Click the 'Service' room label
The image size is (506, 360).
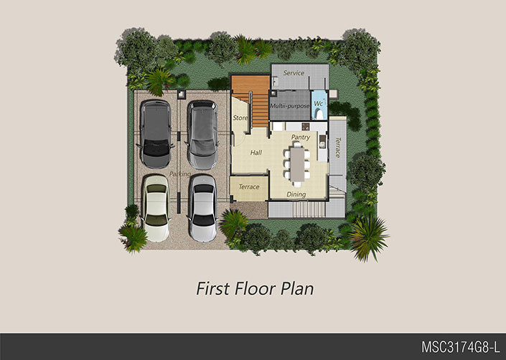click(x=294, y=73)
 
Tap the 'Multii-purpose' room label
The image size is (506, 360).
click(x=290, y=105)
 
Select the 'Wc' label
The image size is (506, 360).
click(x=318, y=104)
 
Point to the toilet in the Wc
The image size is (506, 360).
click(x=319, y=114)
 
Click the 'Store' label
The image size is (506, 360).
click(x=240, y=118)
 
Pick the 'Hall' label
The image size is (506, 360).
click(x=256, y=153)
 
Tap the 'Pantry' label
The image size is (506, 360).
click(x=301, y=137)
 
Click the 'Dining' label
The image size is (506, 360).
click(x=296, y=194)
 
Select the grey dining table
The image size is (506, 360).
click(x=297, y=164)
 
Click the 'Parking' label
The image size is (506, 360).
click(x=180, y=174)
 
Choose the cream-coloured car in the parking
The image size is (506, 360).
click(x=156, y=208)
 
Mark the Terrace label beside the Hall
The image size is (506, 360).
click(x=249, y=187)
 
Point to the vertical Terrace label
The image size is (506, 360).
click(x=337, y=147)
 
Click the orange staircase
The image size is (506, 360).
click(x=254, y=100)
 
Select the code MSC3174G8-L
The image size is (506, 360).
click(x=461, y=347)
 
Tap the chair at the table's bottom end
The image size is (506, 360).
click(x=297, y=184)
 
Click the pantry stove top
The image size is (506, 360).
click(x=306, y=126)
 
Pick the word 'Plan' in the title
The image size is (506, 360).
click(x=297, y=288)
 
